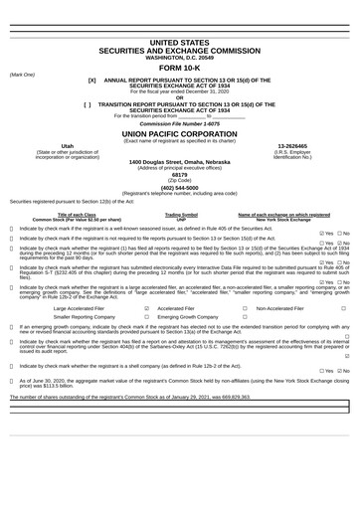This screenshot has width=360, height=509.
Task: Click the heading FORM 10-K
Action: point(179,68)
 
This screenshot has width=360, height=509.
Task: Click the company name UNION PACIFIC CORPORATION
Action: point(179,131)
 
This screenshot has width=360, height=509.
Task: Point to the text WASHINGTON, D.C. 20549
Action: point(179,58)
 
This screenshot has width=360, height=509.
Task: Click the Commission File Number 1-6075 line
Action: point(179,122)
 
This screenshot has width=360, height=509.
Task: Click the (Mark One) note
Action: point(22,74)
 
